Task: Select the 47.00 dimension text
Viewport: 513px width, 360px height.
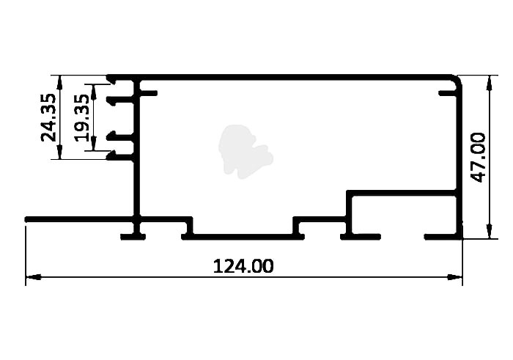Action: pyautogui.click(x=478, y=158)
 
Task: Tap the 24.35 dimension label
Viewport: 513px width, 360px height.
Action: pyautogui.click(x=48, y=117)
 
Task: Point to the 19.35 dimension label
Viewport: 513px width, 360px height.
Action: pyautogui.click(x=81, y=118)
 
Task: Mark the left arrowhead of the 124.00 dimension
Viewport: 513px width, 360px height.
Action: pyautogui.click(x=33, y=277)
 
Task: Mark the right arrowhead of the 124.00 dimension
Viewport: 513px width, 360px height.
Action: pyautogui.click(x=455, y=277)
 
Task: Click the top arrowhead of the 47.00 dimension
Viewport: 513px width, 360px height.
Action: pyautogui.click(x=489, y=82)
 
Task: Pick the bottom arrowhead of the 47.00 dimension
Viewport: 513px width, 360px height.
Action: pyautogui.click(x=489, y=231)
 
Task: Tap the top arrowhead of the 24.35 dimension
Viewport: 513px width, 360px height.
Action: pyautogui.click(x=59, y=83)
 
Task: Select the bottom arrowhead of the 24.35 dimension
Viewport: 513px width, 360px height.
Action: pyautogui.click(x=59, y=152)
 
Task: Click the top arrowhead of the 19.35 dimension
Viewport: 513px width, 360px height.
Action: pyautogui.click(x=94, y=92)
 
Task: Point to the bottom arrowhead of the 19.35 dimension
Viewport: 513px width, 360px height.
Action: pyautogui.click(x=94, y=143)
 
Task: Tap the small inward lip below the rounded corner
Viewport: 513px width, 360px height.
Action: pyautogui.click(x=448, y=94)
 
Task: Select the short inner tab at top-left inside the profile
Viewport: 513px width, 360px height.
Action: pyautogui.click(x=149, y=93)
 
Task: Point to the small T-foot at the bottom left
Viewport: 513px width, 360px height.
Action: pyautogui.click(x=133, y=237)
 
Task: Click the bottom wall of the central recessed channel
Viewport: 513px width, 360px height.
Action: pyautogui.click(x=243, y=237)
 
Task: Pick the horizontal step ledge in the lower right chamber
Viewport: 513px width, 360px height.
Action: pyautogui.click(x=402, y=193)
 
